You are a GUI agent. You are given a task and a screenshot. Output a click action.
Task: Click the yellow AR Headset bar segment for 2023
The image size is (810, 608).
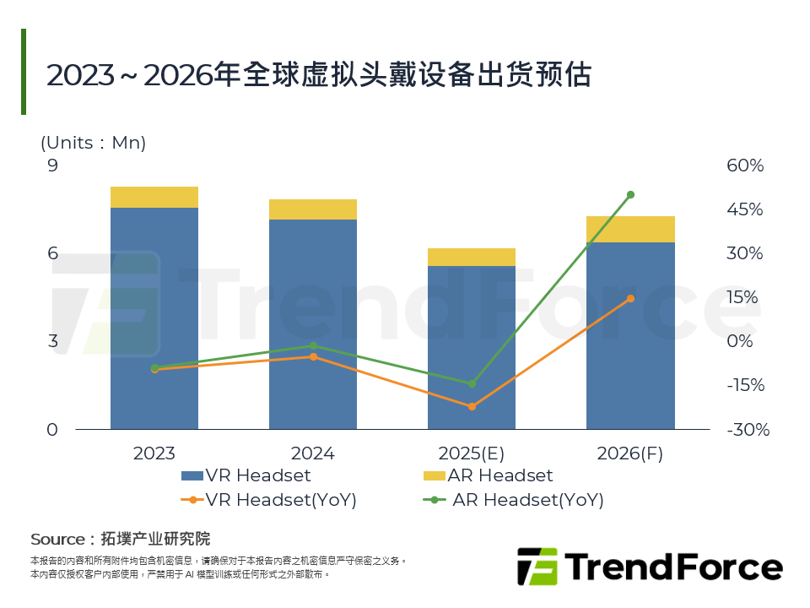pyautogui.click(x=154, y=197)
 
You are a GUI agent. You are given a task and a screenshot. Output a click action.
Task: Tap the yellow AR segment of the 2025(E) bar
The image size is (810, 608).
pyautogui.click(x=472, y=257)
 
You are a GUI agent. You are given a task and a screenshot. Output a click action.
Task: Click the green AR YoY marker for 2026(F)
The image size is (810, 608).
pyautogui.click(x=630, y=195)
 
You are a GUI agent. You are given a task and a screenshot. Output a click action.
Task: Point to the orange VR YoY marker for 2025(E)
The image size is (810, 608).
pyautogui.click(x=472, y=407)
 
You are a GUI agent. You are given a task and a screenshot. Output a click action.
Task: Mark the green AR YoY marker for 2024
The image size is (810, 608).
pyautogui.click(x=313, y=345)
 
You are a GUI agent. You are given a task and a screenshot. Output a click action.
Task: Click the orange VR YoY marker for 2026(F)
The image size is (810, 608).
pyautogui.click(x=630, y=298)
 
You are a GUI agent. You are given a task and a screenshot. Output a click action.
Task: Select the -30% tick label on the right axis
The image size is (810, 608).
pyautogui.click(x=748, y=430)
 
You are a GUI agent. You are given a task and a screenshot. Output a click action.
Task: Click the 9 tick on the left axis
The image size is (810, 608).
pyautogui.click(x=53, y=166)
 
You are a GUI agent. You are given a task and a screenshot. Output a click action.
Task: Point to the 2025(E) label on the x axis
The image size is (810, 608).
pyautogui.click(x=472, y=453)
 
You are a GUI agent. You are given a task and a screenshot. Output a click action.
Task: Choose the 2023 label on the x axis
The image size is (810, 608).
pyautogui.click(x=154, y=453)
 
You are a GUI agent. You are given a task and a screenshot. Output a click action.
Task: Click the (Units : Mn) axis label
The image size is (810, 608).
pyautogui.click(x=94, y=143)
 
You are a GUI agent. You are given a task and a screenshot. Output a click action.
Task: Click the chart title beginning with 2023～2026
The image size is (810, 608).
pyautogui.click(x=319, y=75)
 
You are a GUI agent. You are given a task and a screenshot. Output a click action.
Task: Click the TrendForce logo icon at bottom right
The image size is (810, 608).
pyautogui.click(x=537, y=566)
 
